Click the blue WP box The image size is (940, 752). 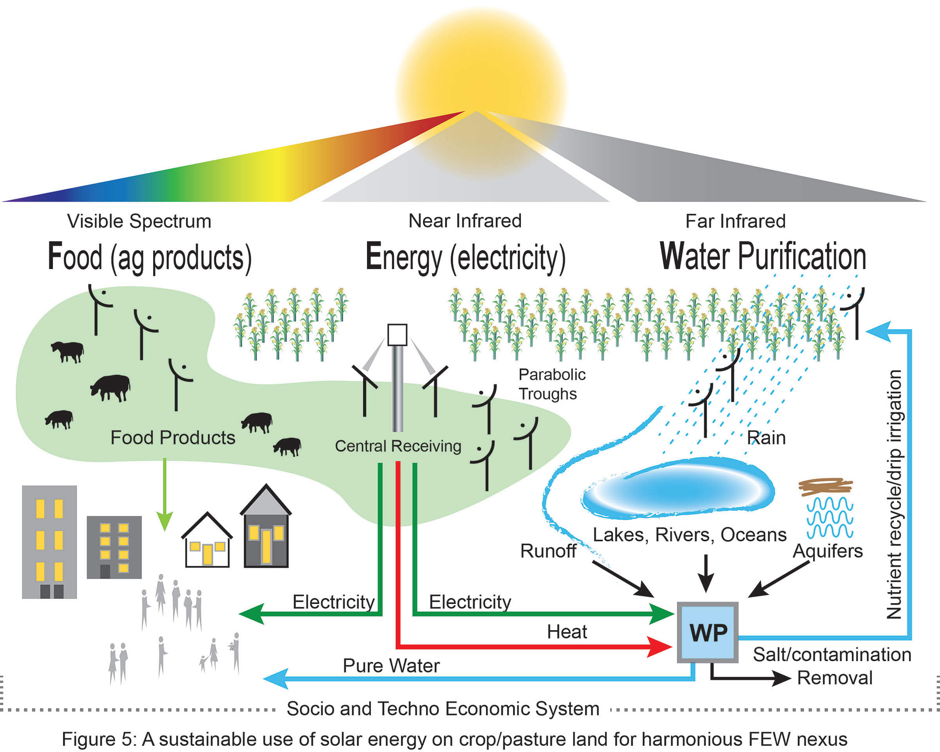point(707,633)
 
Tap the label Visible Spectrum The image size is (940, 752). point(139,221)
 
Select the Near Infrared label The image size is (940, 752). point(465,221)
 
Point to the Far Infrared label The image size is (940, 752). point(735,221)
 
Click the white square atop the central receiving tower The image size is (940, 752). point(397,335)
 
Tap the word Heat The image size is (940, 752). point(567,632)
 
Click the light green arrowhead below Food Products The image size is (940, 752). point(164,521)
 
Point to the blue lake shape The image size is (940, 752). point(678,488)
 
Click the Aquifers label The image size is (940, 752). point(827,551)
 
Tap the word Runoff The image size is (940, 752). point(548,551)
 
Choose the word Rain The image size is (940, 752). point(766,437)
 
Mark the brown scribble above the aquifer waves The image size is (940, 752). point(825,487)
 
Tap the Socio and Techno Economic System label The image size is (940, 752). point(443,709)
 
